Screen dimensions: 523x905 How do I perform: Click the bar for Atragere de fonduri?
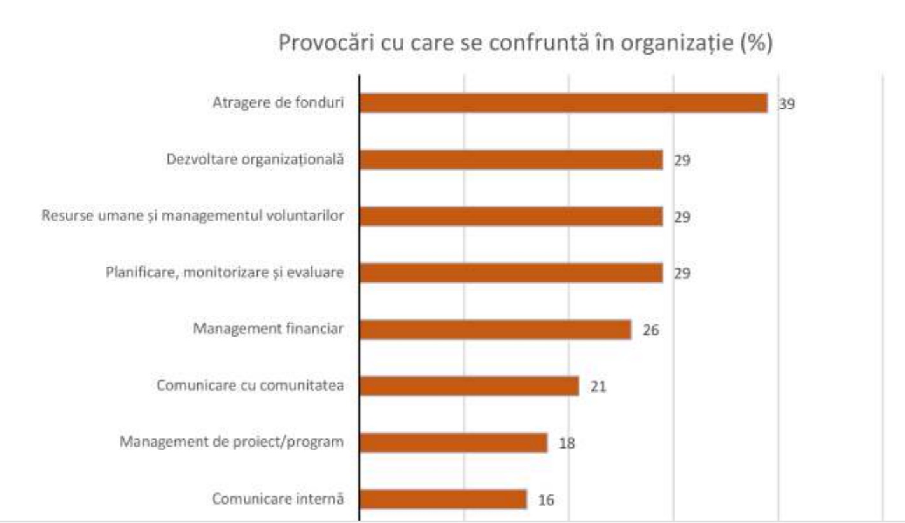coord(563,103)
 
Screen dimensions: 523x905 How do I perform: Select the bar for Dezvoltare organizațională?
coord(511,160)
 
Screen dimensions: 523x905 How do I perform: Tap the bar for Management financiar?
coord(495,330)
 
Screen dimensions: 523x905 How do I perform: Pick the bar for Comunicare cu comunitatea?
coord(469,386)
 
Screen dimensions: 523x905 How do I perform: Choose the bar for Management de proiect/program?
coord(453,442)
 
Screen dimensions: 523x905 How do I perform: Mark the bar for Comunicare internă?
coord(443,499)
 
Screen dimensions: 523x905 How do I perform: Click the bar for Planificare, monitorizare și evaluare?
coord(511,273)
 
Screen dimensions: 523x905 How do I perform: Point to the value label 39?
coord(787,104)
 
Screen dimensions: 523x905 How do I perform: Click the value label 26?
coord(650,331)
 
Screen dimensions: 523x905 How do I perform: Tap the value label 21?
coord(598,387)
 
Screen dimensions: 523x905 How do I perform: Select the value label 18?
coord(566,443)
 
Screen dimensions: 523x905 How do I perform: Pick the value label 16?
coord(546,500)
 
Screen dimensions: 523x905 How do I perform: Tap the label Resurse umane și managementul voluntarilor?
coord(193,216)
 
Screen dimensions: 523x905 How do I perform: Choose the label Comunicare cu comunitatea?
coord(249,386)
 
